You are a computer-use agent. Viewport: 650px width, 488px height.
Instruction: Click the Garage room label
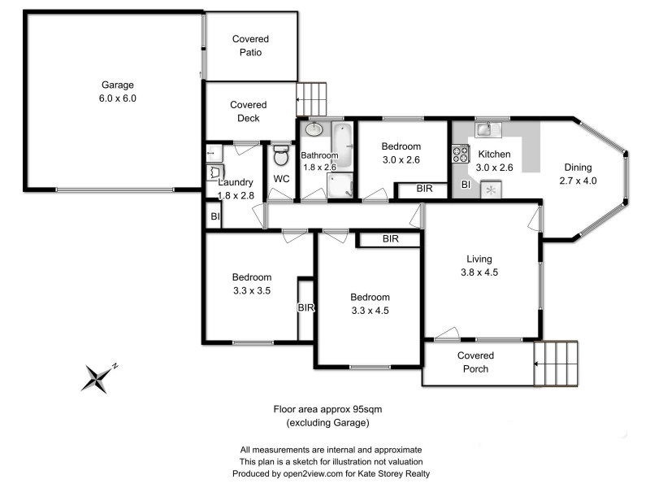click(118, 91)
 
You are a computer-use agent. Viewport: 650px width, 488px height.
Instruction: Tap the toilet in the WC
click(281, 155)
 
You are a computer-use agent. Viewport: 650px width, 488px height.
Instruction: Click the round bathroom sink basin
click(314, 129)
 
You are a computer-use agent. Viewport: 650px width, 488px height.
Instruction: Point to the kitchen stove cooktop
click(461, 153)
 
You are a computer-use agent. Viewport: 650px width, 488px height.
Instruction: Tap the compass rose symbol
click(98, 377)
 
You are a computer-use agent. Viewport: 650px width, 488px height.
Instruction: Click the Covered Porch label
click(475, 362)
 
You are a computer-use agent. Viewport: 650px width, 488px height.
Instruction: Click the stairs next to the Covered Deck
click(310, 99)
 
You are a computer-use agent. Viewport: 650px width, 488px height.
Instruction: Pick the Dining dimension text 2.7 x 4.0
click(578, 181)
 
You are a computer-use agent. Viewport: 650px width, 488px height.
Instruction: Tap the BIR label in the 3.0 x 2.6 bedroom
click(424, 189)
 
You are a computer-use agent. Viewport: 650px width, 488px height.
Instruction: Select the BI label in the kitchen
click(466, 185)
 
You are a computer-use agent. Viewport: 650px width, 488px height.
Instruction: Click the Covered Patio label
click(250, 46)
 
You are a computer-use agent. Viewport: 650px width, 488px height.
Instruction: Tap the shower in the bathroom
click(341, 185)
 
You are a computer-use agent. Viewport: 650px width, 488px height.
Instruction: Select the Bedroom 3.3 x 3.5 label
click(251, 283)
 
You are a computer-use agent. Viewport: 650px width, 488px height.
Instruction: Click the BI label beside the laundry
click(215, 216)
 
